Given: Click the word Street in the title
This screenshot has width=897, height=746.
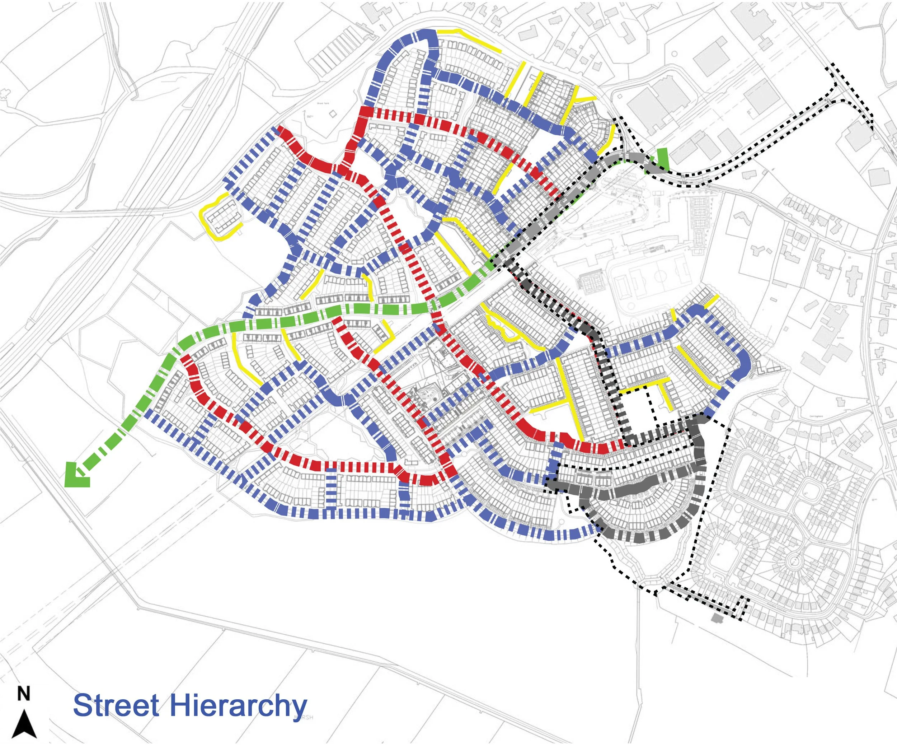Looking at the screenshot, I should (x=116, y=705).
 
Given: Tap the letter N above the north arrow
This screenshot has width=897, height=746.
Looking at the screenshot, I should (x=23, y=694).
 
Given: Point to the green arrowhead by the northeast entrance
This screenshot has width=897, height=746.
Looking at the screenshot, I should (x=662, y=159).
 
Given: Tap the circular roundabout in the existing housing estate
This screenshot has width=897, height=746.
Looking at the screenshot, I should (x=794, y=561).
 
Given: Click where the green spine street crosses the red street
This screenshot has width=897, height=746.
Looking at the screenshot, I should (x=434, y=306).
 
